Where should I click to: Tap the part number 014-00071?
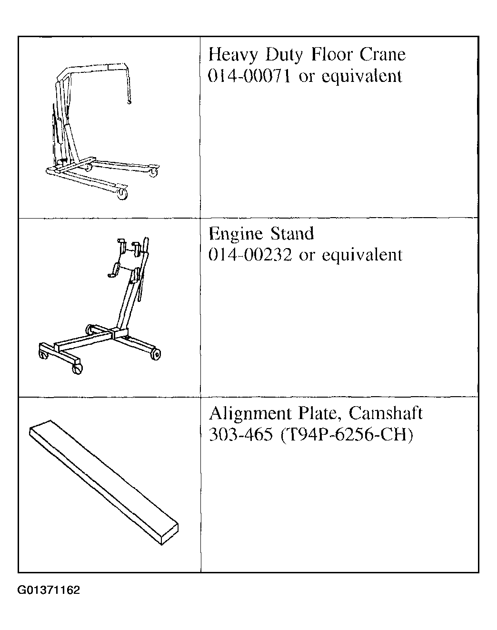pos(249,76)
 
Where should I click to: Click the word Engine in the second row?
pos(236,234)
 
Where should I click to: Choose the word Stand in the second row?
pos(292,234)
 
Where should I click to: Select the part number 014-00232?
pos(249,255)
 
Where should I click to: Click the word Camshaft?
pos(385,413)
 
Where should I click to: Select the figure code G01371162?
pos(49,591)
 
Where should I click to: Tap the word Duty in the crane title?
pos(284,55)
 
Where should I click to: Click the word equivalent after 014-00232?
pos(362,255)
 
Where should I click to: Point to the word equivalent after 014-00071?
pos(362,76)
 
